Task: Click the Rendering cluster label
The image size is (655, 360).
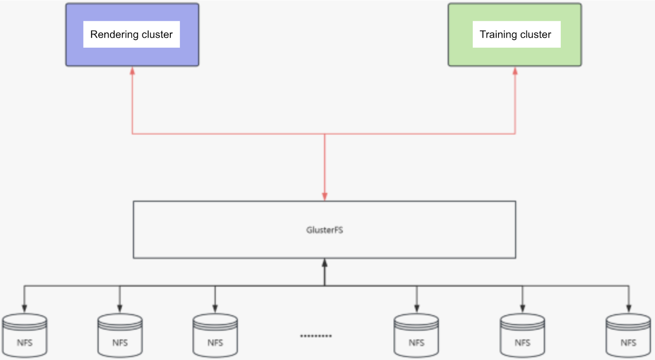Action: [x=131, y=34]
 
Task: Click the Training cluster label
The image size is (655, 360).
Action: [x=515, y=34]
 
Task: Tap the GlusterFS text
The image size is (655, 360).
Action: [x=324, y=230]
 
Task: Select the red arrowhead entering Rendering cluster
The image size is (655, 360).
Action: [x=132, y=71]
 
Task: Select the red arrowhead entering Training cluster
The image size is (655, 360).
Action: [x=515, y=71]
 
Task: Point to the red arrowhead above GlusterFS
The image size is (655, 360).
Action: [x=325, y=196]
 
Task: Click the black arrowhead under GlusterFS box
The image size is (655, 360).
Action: [x=325, y=263]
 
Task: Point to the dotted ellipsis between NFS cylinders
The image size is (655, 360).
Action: [x=316, y=336]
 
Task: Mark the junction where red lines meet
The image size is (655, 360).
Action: [x=325, y=134]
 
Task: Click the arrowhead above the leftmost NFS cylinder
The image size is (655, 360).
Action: [x=25, y=308]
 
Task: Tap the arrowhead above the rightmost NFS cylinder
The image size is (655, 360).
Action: [x=629, y=308]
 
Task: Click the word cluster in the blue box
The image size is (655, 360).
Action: [x=157, y=34]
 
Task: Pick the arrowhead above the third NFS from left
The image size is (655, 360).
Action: [x=215, y=308]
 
